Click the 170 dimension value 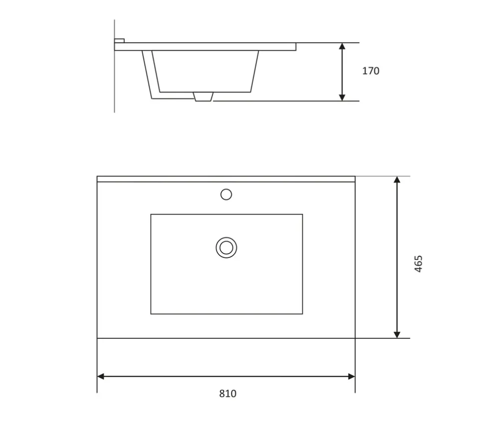coord(371,71)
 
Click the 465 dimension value coord(418,264)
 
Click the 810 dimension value coord(228,394)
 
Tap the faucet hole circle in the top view coord(226,195)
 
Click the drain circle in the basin coord(226,247)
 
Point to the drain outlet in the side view coord(203,97)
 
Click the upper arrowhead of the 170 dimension coord(342,46)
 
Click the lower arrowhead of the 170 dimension coord(342,97)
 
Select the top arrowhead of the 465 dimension coord(397,180)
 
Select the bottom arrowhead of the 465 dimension coord(397,334)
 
